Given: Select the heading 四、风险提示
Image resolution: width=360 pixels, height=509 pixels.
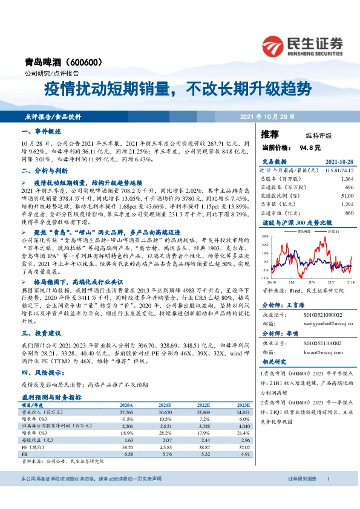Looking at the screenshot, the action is click(39, 373).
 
